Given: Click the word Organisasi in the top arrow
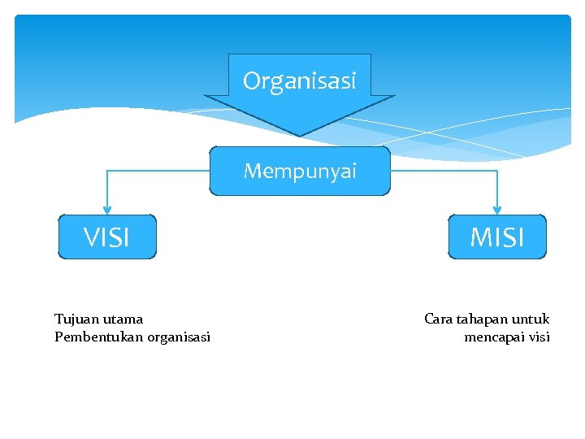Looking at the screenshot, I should pyautogui.click(x=299, y=81).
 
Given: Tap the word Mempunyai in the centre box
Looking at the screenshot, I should pyautogui.click(x=300, y=172).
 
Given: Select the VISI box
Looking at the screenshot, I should pyautogui.click(x=106, y=237).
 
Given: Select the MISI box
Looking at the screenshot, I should pyautogui.click(x=497, y=237).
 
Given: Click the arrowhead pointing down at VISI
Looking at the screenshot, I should pyautogui.click(x=106, y=209).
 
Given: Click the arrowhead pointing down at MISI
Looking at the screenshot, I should pyautogui.click(x=497, y=209).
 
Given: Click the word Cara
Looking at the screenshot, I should pyautogui.click(x=439, y=319).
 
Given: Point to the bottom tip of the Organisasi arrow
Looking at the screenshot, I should pyautogui.click(x=300, y=134).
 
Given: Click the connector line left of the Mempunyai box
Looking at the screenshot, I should pyautogui.click(x=158, y=171).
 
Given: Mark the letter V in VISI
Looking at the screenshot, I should pyautogui.click(x=91, y=237).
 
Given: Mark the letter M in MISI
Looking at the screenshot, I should pyautogui.click(x=479, y=237).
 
